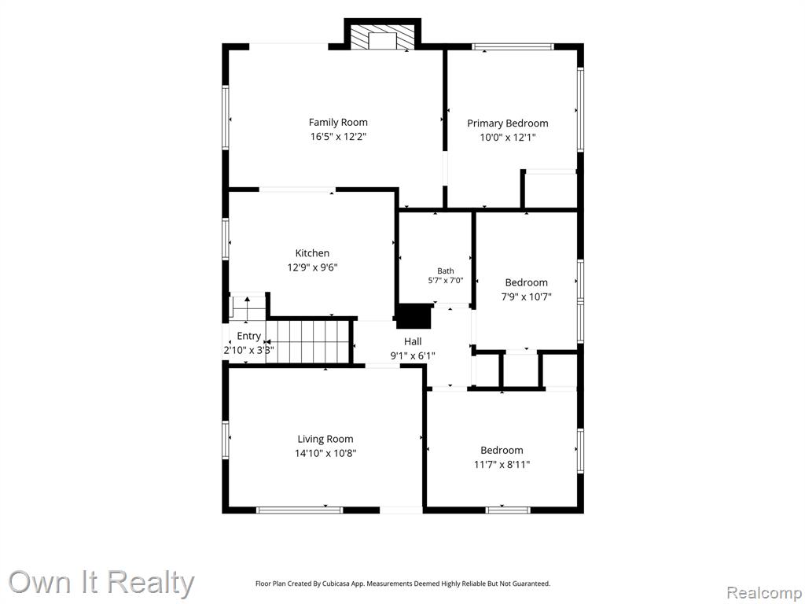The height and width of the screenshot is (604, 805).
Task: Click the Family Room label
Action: point(338,122)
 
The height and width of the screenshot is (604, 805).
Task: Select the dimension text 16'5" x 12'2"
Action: point(338,137)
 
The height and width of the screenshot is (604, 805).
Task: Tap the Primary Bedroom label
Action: point(507,123)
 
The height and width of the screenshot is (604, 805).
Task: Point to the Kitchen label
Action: point(312,252)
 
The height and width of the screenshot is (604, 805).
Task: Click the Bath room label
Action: point(446,271)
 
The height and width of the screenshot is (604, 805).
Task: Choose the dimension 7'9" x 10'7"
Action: point(526,296)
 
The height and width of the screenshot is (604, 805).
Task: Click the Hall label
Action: point(413,341)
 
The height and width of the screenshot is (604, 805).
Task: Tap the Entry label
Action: point(249,336)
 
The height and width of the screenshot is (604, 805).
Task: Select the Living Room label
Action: point(325,439)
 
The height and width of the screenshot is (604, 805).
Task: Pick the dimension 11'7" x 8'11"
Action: point(502,465)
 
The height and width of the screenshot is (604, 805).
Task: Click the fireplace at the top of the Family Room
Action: point(383,35)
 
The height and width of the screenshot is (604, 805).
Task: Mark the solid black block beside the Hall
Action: point(414,316)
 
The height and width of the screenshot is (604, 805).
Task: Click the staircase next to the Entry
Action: point(307,341)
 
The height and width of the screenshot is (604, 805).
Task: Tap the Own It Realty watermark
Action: point(101,583)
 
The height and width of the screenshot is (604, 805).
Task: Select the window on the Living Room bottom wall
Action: point(300,510)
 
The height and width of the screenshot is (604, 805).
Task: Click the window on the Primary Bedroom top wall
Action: point(513,46)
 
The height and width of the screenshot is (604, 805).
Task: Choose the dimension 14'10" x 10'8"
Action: point(325,454)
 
